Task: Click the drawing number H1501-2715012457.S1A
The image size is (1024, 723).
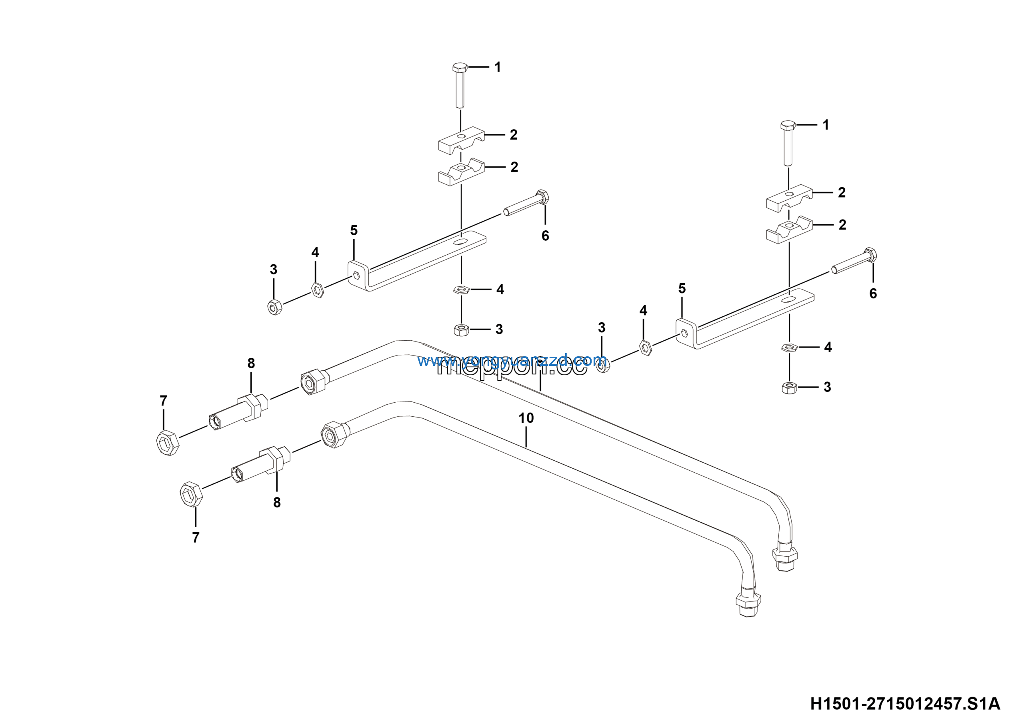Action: coord(905,704)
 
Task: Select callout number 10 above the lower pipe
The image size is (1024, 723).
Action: coord(526,418)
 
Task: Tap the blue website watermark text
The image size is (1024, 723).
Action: coord(512,360)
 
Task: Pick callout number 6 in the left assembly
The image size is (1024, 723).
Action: coord(545,236)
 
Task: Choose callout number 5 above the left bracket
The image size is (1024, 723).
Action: coord(354,230)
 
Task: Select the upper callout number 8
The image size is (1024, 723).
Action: coord(251,363)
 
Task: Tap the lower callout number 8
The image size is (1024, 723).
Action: coord(277,503)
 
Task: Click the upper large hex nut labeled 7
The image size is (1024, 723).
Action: coord(168,442)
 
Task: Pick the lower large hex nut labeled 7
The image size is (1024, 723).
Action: coord(191,494)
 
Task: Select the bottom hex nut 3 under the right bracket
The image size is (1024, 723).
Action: coord(790,387)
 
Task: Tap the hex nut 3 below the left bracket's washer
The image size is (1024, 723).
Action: coord(461,330)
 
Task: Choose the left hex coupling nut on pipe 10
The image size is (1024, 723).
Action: coord(334,434)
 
